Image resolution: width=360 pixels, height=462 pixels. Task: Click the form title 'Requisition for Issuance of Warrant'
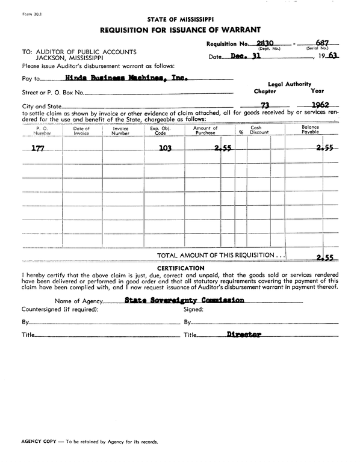pyautogui.click(x=179, y=30)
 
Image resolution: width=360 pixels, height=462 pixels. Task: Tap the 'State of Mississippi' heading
pyautogui.click(x=179, y=19)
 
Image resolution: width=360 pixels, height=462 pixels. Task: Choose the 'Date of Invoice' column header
pyautogui.click(x=81, y=131)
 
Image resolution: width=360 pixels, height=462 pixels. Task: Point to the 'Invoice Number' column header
pyautogui.click(x=120, y=131)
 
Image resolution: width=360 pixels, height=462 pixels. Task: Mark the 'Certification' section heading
pyautogui.click(x=180, y=268)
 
